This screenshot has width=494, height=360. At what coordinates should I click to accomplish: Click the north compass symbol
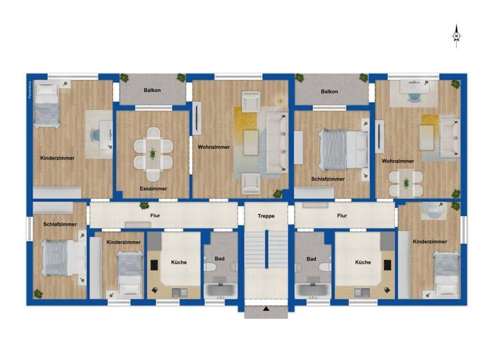456,35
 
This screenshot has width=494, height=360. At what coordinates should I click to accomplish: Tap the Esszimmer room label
153,188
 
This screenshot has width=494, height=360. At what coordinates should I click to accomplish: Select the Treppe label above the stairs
266,216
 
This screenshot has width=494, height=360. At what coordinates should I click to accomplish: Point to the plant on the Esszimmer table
153,154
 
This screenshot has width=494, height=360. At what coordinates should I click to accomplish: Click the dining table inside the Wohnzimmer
406,183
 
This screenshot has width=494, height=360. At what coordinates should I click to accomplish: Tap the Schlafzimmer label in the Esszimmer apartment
60,224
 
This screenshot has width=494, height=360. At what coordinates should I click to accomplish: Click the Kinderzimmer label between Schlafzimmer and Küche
123,242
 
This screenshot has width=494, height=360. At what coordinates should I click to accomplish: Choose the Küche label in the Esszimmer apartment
178,262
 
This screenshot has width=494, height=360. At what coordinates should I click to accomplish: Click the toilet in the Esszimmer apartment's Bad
210,267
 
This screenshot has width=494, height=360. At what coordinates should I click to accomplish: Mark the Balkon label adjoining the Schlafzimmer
329,91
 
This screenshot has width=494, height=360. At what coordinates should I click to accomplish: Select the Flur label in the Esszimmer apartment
155,215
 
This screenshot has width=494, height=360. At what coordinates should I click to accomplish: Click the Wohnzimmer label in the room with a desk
397,161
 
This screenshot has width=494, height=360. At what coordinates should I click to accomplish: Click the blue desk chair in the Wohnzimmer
412,97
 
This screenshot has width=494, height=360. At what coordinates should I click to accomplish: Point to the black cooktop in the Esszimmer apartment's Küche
155,265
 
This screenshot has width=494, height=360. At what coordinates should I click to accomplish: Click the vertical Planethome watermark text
30,89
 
